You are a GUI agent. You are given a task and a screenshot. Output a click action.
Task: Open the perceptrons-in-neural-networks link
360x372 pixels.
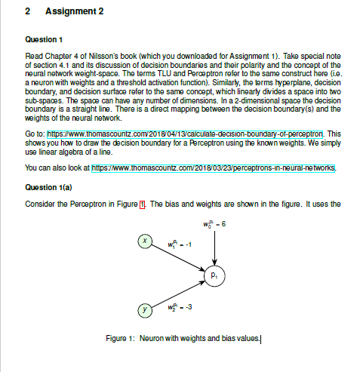pyautogui.click(x=214, y=169)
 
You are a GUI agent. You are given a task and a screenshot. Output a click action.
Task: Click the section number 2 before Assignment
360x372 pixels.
pyautogui.click(x=27, y=14)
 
